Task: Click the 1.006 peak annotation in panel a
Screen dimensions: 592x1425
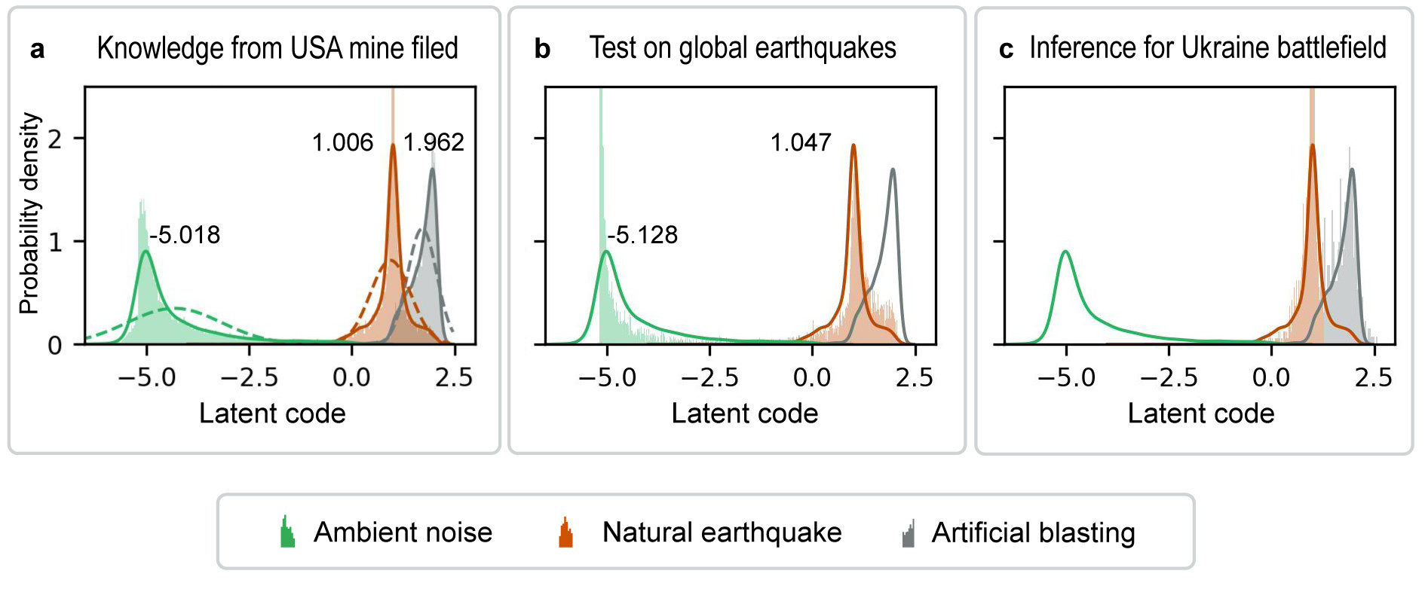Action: [x=342, y=142]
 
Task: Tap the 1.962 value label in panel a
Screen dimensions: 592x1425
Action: [x=433, y=142]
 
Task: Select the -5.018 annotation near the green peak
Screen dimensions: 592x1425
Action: [x=185, y=235]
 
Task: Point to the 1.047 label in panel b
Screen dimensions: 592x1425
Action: [x=800, y=142]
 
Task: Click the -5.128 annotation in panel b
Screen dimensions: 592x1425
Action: [x=642, y=235]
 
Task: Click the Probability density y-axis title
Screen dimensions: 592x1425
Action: [x=29, y=213]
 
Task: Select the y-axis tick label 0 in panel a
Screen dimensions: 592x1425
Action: [x=55, y=346]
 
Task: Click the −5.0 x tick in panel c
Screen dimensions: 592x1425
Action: [x=1066, y=377]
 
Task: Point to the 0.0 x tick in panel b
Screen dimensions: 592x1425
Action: [x=812, y=377]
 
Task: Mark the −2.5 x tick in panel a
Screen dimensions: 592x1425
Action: [x=249, y=377]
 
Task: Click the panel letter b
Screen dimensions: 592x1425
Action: [x=542, y=49]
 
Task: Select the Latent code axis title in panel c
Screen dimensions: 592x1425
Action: [x=1200, y=413]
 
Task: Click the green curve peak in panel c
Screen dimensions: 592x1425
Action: [x=1065, y=252]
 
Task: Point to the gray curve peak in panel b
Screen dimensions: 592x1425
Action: [x=893, y=169]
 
